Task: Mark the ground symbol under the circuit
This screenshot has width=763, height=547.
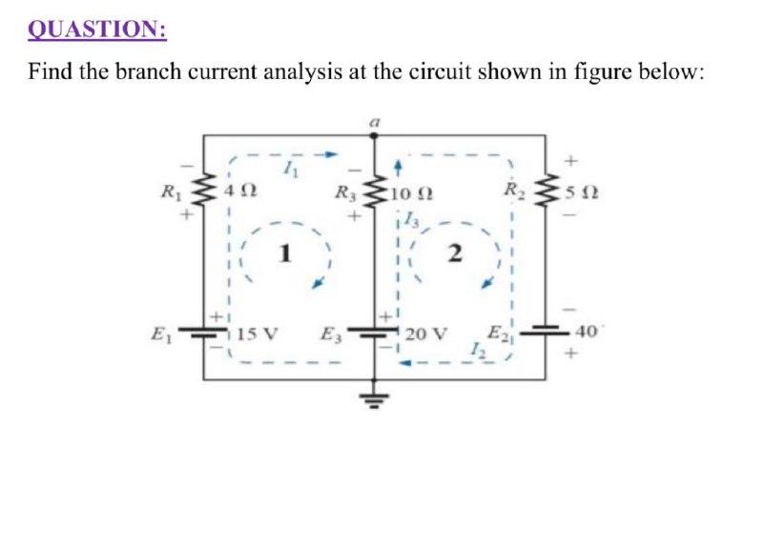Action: tap(373, 398)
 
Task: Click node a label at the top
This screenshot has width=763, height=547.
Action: tap(374, 123)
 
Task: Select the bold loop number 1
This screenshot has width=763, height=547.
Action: tap(283, 253)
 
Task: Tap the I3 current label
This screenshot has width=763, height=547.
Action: tap(411, 222)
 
